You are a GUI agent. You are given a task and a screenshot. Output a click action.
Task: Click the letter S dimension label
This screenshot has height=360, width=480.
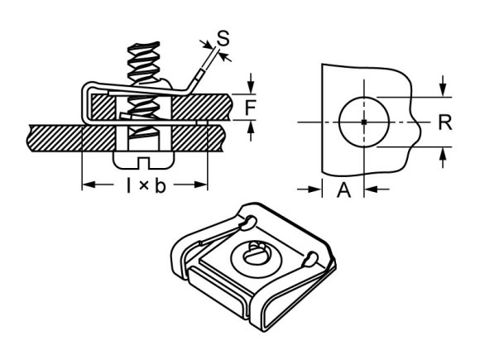(x=221, y=37)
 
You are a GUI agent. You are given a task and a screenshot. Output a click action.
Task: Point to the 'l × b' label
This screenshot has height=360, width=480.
(x=146, y=185)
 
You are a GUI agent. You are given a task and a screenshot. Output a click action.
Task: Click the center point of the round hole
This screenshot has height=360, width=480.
(x=363, y=122)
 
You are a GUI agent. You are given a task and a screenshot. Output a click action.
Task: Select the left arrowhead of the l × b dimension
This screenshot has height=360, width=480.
(x=86, y=185)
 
